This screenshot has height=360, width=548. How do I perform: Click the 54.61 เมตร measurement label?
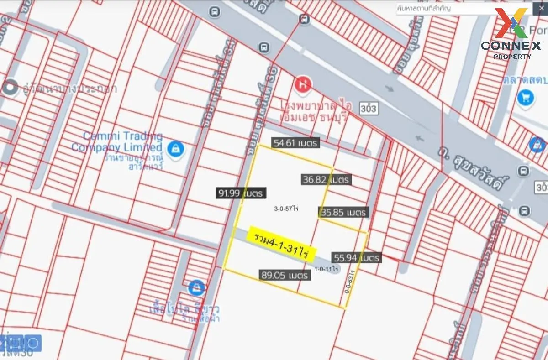295,143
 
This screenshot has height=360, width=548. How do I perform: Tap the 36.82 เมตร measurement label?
326,179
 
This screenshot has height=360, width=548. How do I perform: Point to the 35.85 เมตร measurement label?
343,212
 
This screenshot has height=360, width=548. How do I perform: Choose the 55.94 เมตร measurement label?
357,258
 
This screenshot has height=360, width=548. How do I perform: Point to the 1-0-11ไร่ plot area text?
326,269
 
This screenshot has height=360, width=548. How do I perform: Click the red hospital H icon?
302,84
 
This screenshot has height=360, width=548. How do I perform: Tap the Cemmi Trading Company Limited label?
117,141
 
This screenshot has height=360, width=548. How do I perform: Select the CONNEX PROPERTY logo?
511,34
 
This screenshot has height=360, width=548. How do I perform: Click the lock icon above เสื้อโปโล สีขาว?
196,287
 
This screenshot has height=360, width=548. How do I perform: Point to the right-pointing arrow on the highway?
389,89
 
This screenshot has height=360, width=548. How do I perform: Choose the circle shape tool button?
33,342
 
